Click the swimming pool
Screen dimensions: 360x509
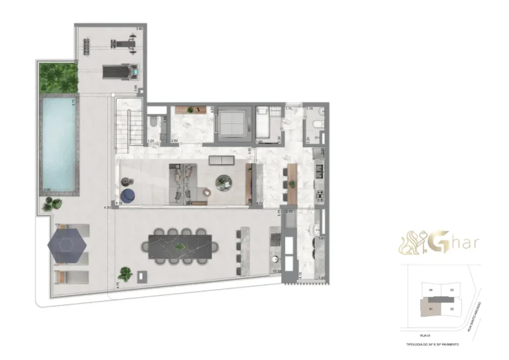coord(58,142)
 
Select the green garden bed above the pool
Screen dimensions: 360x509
coord(58,77)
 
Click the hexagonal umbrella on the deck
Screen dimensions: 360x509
coord(67,245)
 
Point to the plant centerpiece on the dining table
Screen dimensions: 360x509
coord(178,246)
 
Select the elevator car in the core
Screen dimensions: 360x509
coord(232,123)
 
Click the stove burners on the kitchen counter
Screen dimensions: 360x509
coord(319,196)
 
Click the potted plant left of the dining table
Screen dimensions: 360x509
coord(124,272)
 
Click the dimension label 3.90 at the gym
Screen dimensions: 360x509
coord(139,29)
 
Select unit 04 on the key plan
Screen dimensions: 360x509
coord(431,290)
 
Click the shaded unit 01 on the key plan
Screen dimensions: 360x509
coord(431,308)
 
